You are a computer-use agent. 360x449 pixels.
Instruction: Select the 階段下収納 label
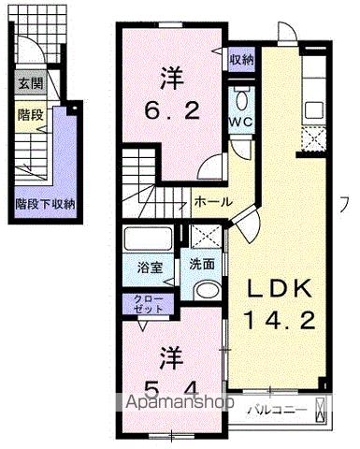tap(45, 202)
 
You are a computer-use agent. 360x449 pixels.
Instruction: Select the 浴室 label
tap(150, 267)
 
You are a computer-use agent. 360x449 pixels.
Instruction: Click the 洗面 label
tap(202, 264)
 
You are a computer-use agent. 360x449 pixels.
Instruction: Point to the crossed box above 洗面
tap(203, 237)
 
